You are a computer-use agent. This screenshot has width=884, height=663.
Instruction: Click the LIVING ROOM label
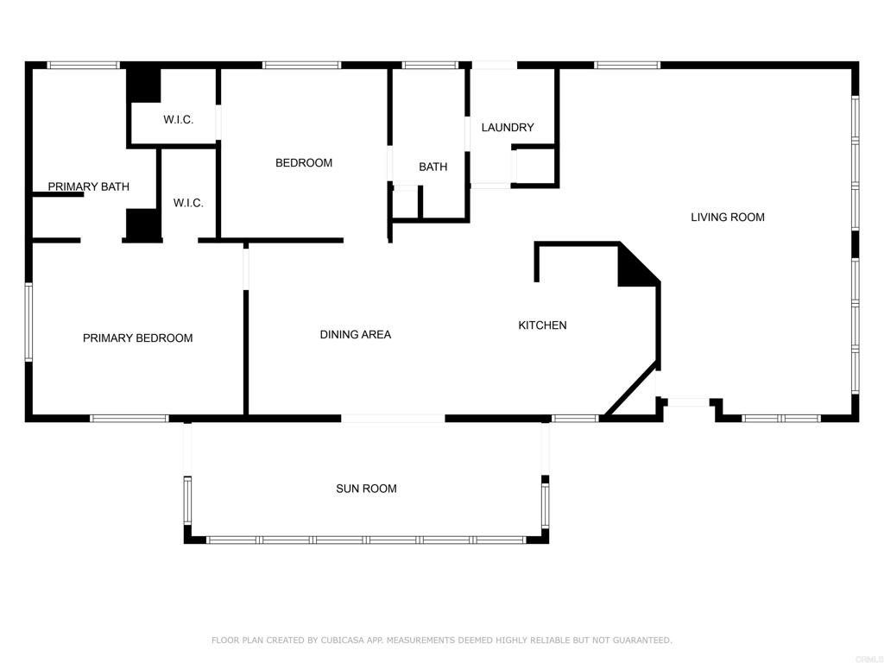[x=727, y=217]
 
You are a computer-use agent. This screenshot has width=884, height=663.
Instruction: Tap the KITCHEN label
[x=542, y=325]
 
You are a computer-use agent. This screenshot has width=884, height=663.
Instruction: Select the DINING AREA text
[x=355, y=334]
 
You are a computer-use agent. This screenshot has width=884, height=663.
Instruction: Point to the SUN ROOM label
[x=366, y=489]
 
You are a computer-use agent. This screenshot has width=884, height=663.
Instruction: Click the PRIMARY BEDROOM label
[x=137, y=338]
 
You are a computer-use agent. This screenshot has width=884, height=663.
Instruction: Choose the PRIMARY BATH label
[x=89, y=186]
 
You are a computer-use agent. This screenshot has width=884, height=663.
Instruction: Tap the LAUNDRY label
[x=508, y=128]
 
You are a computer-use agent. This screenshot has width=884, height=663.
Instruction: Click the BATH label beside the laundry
[x=433, y=167]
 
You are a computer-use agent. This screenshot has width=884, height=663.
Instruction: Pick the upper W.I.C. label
[x=178, y=119]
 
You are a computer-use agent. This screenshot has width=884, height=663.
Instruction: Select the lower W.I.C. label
[x=188, y=203]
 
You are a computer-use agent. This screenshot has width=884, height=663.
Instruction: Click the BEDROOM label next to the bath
[x=304, y=163]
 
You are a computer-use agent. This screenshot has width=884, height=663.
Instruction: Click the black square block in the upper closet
[x=143, y=85]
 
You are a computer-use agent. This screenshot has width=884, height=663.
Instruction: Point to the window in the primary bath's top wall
[x=84, y=66]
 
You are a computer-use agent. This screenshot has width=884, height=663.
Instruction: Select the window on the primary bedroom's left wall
[x=28, y=321]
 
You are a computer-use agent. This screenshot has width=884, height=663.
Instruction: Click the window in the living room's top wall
[x=627, y=66]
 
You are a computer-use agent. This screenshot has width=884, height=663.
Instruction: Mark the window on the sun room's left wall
[x=187, y=501]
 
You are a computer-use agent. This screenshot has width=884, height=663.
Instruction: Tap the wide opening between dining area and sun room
[x=393, y=419]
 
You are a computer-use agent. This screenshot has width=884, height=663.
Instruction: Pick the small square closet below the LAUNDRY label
[x=534, y=167]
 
